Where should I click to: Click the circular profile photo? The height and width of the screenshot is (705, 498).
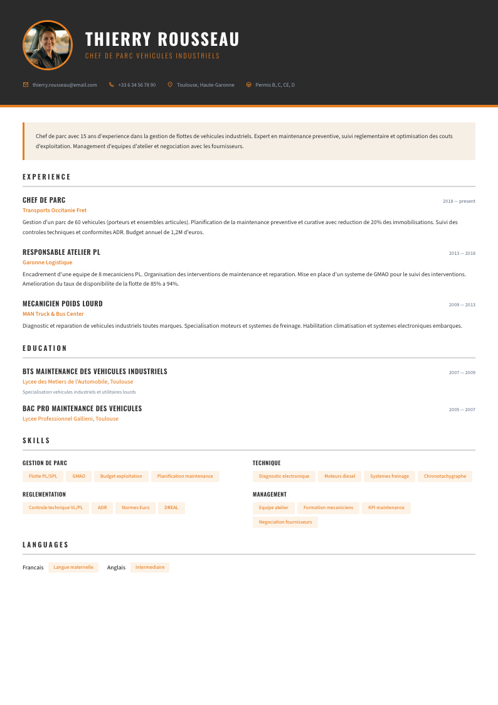tap(48, 45)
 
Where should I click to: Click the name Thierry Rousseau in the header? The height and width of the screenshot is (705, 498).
tap(162, 39)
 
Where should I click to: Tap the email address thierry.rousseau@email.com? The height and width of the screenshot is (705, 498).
tap(65, 85)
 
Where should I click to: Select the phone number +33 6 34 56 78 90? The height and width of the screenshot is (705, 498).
tap(137, 85)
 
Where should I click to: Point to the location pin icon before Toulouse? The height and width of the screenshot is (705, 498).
tap(170, 85)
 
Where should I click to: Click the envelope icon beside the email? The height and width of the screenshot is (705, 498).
tap(26, 85)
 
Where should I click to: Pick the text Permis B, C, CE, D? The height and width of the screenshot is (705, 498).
tap(275, 85)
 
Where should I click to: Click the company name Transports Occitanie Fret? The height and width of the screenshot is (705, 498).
tap(55, 210)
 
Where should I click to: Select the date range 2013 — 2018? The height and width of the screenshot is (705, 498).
tap(462, 254)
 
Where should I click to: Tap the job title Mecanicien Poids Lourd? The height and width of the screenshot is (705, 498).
tap(63, 304)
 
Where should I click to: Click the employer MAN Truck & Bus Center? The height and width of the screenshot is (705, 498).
tap(53, 314)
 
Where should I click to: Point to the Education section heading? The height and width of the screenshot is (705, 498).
tap(45, 348)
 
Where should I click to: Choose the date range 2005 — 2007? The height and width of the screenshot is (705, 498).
tap(462, 410)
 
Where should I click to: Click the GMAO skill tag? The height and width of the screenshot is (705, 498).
tap(78, 476)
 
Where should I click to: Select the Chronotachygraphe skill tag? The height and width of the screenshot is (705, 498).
tap(445, 476)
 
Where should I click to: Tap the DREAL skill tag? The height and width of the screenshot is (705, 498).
tap(171, 508)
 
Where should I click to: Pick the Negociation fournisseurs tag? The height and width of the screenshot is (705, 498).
tap(285, 522)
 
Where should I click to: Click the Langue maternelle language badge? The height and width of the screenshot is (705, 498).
tap(73, 568)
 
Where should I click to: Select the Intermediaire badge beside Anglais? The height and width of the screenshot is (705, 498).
tap(150, 568)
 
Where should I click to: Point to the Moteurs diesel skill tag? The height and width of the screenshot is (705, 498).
tap(339, 476)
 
